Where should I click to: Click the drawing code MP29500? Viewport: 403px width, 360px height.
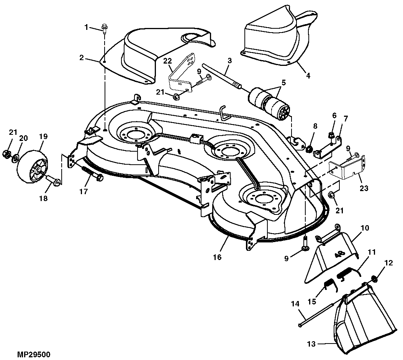click(34, 355)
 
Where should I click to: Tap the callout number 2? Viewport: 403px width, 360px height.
click(82, 58)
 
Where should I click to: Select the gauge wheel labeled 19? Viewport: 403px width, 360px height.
click(33, 167)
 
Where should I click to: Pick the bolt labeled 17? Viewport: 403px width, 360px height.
click(93, 173)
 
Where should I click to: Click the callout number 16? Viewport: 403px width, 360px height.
click(217, 257)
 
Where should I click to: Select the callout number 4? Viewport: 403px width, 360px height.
click(308, 76)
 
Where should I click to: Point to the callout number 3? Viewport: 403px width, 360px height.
click(229, 61)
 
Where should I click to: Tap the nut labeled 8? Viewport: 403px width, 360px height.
click(310, 149)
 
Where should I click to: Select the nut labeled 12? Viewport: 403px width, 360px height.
click(374, 278)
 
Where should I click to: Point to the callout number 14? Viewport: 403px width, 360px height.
click(295, 304)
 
